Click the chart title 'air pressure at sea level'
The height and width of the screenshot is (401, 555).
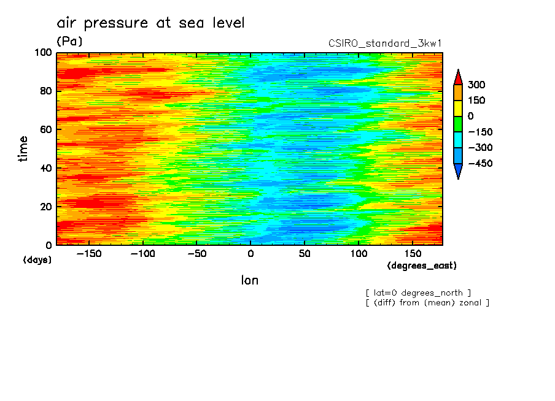coord(150,23)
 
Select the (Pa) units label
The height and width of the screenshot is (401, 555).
coord(69,41)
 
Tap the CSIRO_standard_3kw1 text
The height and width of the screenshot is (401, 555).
coord(386,44)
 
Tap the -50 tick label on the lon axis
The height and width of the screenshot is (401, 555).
coord(196,253)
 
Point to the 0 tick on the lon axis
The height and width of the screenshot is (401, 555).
coord(250,253)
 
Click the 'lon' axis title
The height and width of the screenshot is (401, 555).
coord(249,280)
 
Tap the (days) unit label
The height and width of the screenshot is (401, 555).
coord(37,260)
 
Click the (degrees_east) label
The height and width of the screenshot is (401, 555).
coord(422,265)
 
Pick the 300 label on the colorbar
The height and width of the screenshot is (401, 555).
coord(476,85)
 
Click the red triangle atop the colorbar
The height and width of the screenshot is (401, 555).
coord(458,77)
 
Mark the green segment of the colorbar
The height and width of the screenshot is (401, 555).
coord(458,124)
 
